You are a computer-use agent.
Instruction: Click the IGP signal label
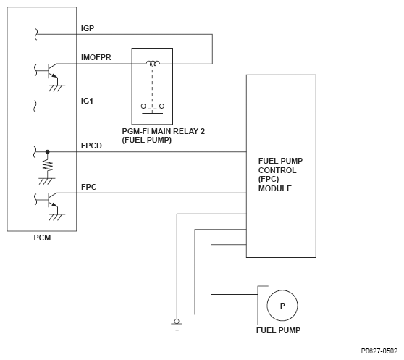point(88,28)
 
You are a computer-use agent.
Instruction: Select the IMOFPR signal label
point(96,57)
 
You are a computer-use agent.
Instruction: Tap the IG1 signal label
point(87,101)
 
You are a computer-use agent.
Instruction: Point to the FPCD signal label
point(91,146)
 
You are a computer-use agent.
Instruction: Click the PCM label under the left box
point(42,238)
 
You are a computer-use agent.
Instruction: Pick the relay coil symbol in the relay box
point(153,63)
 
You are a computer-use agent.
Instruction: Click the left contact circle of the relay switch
point(143,106)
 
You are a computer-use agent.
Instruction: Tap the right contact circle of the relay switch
point(161,106)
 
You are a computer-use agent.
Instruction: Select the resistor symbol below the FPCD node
point(48,166)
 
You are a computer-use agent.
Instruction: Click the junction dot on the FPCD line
point(47,152)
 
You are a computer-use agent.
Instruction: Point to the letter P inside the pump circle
point(282,306)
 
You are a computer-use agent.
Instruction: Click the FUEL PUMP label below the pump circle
point(278,330)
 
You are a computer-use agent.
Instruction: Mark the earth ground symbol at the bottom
point(177,325)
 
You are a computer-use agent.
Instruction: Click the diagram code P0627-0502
point(379,351)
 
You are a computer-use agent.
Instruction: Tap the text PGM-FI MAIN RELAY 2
point(164,131)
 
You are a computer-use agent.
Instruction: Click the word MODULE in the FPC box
point(275,188)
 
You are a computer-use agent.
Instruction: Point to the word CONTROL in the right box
point(277,170)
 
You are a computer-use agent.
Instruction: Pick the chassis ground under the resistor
point(47,181)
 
